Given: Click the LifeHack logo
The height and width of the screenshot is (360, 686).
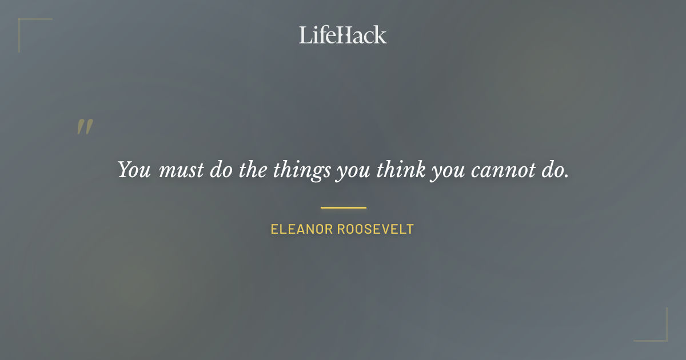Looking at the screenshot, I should (343, 35).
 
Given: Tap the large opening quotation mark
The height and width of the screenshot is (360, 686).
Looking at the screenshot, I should (85, 127).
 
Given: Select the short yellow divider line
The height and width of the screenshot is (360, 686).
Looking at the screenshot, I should (343, 207).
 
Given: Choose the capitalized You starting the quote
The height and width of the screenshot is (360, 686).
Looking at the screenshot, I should (134, 170).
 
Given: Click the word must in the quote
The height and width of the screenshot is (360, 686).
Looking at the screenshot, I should (181, 170).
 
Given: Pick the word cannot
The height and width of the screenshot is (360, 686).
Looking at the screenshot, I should (499, 170).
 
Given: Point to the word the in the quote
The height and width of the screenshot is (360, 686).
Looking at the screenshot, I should (250, 170).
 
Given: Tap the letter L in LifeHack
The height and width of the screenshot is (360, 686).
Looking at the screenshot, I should (305, 35).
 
